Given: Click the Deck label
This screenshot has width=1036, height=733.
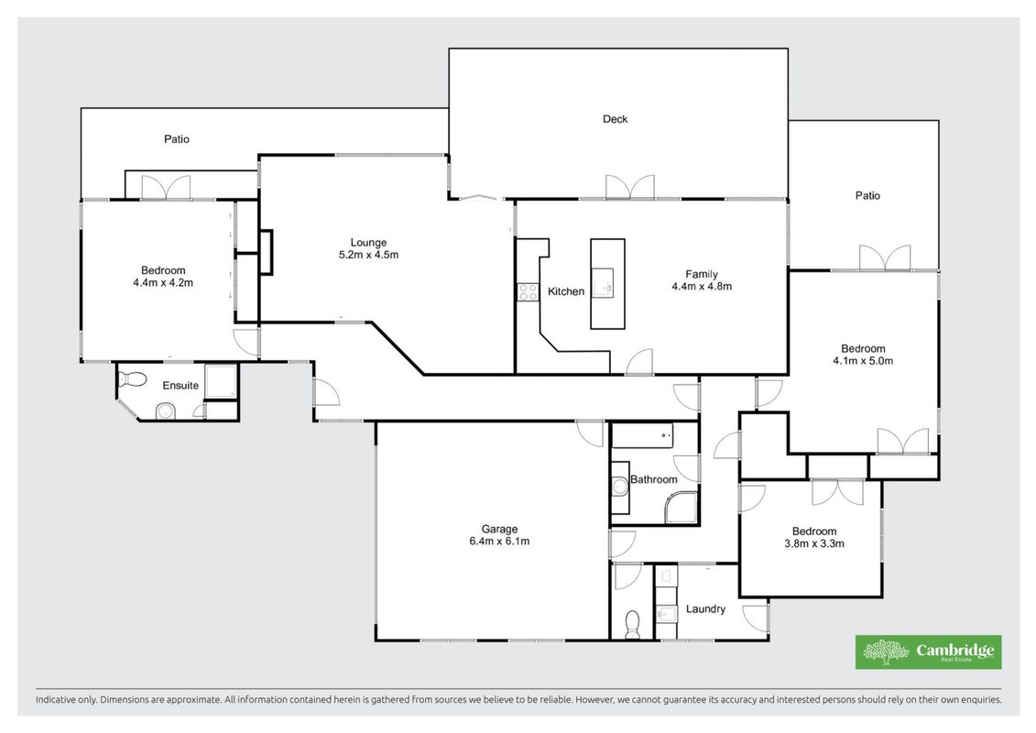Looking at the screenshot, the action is click(615, 119).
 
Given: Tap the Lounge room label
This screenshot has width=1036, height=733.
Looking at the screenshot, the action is click(368, 243).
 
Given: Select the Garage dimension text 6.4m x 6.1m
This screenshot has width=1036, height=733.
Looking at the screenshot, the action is click(499, 541).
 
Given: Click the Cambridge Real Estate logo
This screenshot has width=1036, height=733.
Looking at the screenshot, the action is click(928, 652).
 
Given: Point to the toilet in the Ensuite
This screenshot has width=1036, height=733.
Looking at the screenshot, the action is click(132, 379).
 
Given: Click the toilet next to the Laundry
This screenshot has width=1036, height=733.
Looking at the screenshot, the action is click(632, 625).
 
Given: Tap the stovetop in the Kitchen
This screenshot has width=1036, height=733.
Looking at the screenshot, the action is click(528, 291).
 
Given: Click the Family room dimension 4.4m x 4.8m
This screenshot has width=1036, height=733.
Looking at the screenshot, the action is click(702, 286).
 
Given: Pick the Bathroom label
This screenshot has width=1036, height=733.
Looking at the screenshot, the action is click(653, 479).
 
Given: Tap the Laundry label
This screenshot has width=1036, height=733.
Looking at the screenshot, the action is click(705, 608).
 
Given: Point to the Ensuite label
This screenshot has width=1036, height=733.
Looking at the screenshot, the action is click(180, 386).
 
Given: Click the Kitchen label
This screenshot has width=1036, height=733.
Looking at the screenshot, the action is click(565, 291).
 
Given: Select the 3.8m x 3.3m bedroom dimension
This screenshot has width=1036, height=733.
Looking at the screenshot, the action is click(814, 543).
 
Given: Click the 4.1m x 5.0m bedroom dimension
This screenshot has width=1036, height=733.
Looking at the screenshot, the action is click(863, 361).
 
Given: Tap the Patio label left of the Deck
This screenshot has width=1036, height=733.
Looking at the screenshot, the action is click(177, 138).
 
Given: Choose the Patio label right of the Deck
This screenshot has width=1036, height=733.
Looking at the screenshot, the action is click(867, 196).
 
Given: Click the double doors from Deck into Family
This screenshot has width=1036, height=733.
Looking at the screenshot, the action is click(630, 187).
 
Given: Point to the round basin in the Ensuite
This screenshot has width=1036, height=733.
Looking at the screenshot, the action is click(165, 412).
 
